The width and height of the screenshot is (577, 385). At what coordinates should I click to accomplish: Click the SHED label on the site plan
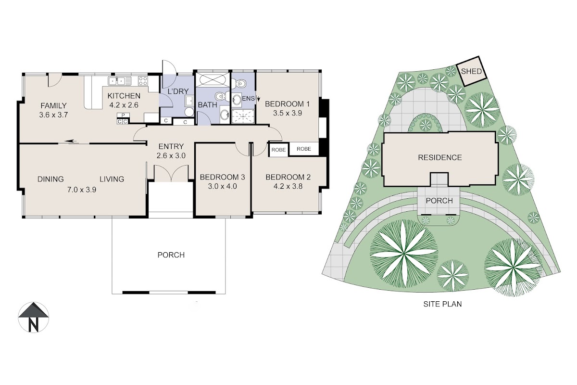tap(471, 71)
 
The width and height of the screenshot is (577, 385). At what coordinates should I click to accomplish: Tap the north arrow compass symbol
tap(33, 317)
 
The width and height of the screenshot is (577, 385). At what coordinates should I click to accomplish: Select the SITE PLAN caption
tap(442, 304)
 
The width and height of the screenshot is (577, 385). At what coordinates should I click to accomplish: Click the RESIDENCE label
tap(439, 157)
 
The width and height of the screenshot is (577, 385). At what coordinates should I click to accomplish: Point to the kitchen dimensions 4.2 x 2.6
tap(124, 105)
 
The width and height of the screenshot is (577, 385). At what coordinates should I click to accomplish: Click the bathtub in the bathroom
tap(212, 80)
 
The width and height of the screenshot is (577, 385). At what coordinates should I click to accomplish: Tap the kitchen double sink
tap(120, 81)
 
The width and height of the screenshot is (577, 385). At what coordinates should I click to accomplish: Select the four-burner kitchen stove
tap(143, 81)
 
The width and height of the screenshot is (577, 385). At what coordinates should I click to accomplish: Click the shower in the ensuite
tap(243, 116)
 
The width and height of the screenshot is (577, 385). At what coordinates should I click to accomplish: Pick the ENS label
tap(248, 98)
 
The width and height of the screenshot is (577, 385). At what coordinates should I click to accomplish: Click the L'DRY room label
tap(178, 91)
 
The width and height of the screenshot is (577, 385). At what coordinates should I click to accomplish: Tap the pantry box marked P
tap(123, 115)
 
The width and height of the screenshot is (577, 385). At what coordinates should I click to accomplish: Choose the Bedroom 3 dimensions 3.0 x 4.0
tap(222, 186)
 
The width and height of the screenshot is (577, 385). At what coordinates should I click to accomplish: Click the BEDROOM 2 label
tap(288, 177)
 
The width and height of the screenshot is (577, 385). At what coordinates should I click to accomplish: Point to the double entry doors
tap(171, 173)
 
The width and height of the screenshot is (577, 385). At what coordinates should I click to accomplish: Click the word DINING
tap(50, 179)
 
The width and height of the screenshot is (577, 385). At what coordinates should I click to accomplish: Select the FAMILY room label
tap(53, 106)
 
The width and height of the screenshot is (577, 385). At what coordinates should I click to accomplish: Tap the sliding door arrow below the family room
tap(71, 141)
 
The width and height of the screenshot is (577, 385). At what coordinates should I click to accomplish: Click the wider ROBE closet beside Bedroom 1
tap(304, 149)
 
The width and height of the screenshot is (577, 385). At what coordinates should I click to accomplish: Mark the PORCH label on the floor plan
tap(171, 255)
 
